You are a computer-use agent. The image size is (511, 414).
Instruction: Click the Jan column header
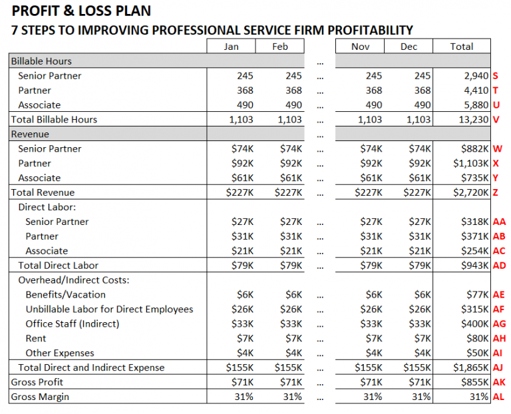coord(231,47)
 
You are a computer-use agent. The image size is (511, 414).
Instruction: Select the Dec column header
coord(409,47)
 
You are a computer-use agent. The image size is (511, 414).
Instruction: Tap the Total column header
coord(461,47)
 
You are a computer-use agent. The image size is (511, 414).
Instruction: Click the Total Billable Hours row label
coord(54,120)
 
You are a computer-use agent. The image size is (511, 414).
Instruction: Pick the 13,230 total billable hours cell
coord(472,120)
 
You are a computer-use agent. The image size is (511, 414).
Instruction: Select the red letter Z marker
coord(496,192)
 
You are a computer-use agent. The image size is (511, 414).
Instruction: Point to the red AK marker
coord(499,382)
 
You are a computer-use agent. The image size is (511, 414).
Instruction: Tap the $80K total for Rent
coord(478,338)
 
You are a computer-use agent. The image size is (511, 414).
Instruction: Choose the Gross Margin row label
coord(40,397)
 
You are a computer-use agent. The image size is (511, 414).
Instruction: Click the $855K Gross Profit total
coord(475,382)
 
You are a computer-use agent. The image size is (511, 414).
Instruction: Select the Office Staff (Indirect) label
coord(73,323)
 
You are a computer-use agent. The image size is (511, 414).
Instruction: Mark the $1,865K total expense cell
coord(470,367)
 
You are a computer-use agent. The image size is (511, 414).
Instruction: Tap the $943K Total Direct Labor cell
coord(475,266)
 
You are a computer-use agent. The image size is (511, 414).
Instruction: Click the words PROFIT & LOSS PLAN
coord(81,11)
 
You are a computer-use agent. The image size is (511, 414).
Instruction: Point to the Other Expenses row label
coord(60,353)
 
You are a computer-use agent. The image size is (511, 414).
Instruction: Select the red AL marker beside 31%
coord(499,397)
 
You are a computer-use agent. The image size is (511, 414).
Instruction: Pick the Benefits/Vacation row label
coord(65,294)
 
